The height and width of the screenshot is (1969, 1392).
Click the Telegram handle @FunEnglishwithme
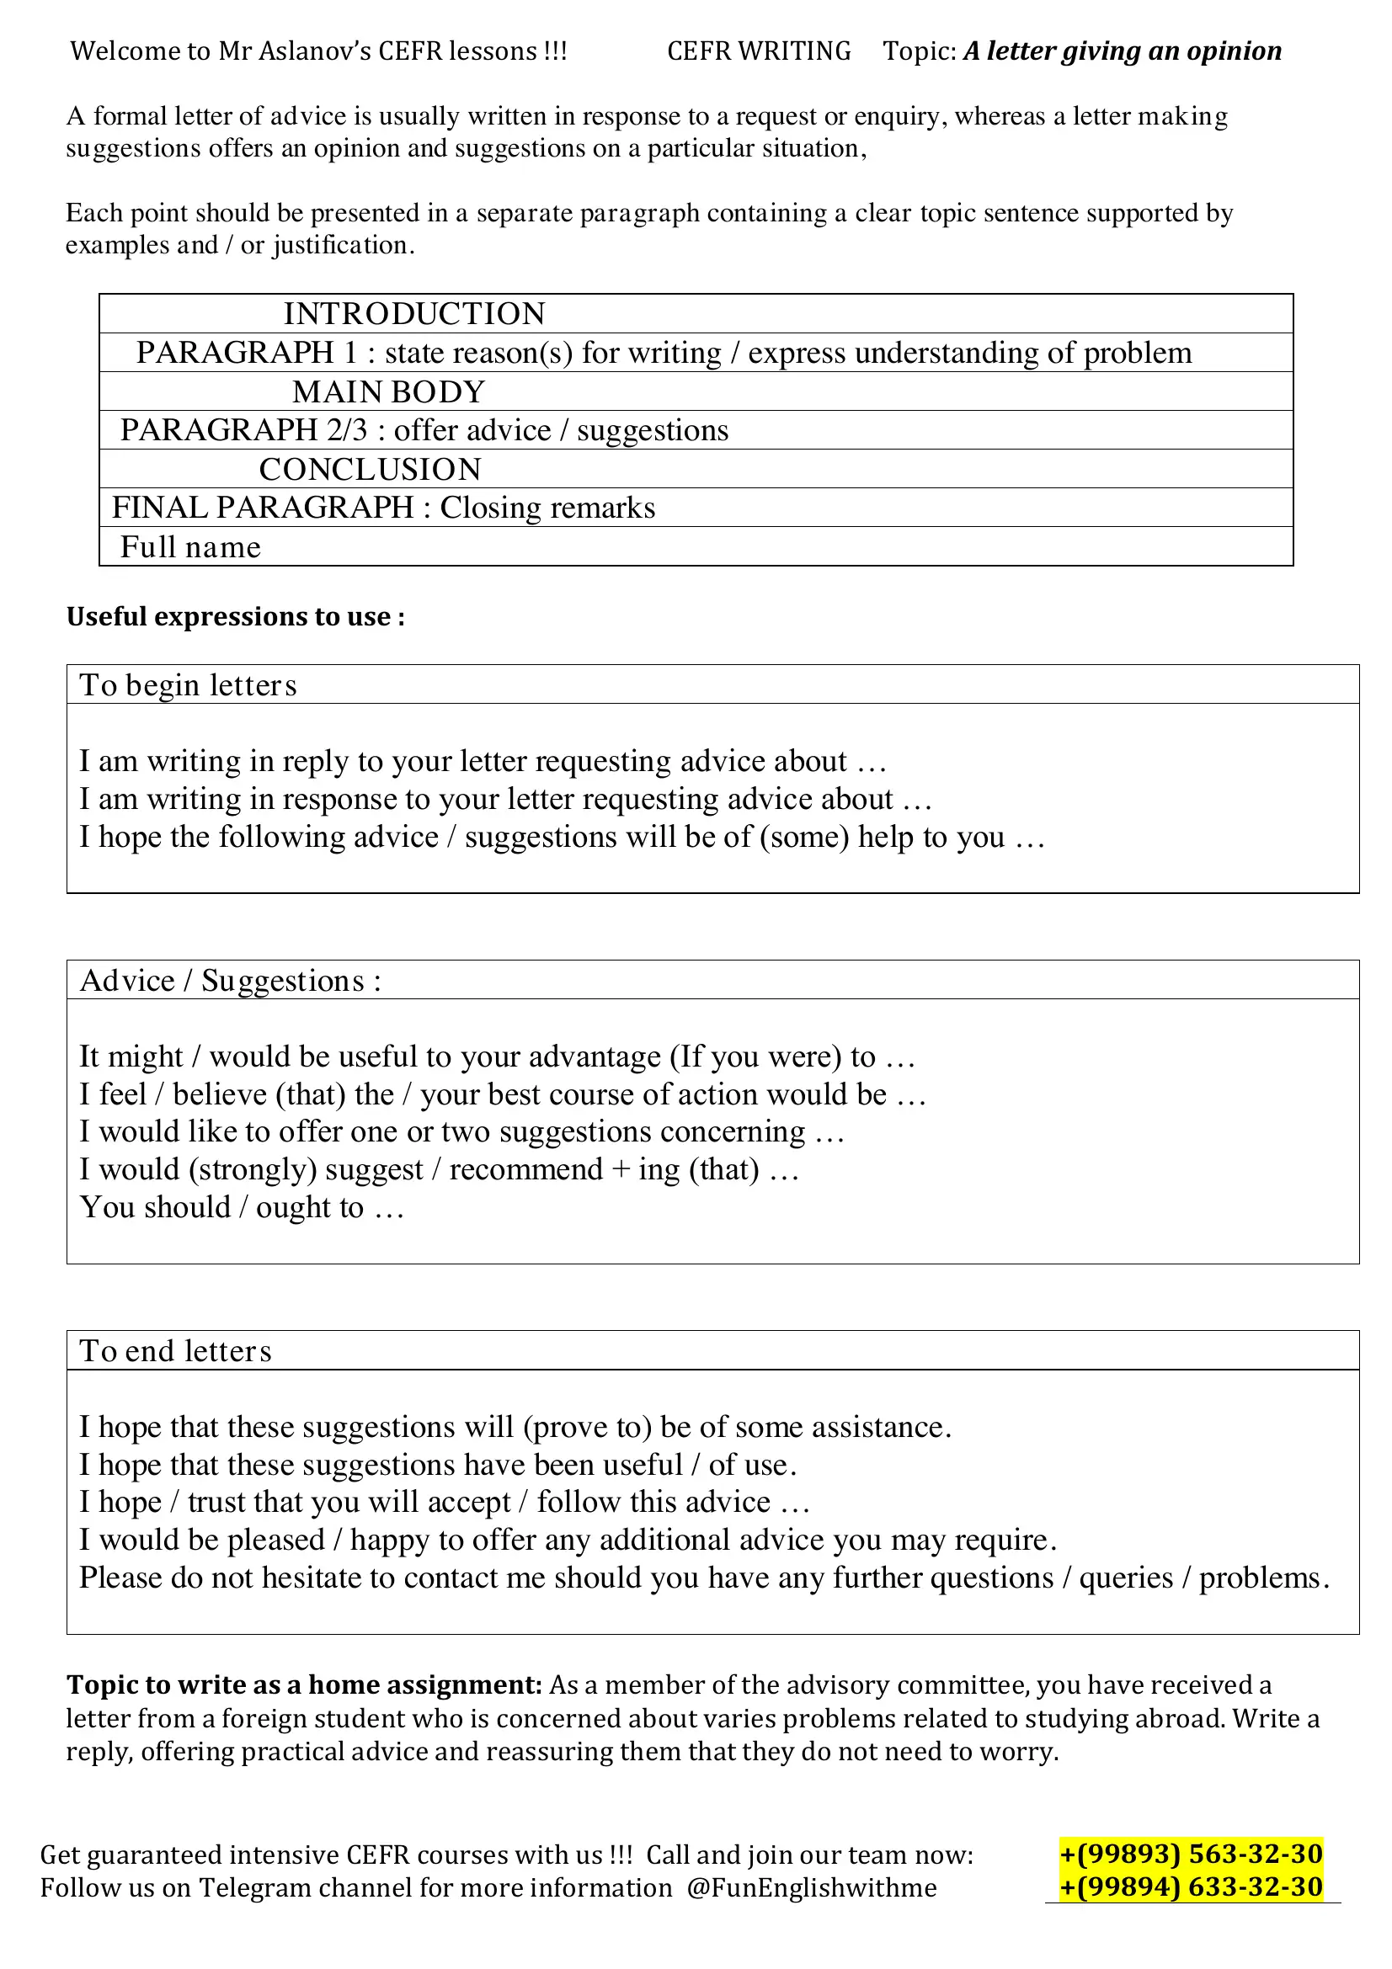coord(810,1887)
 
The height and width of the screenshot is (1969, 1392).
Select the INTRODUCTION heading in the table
coord(414,314)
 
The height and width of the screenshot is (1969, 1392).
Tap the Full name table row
coord(190,547)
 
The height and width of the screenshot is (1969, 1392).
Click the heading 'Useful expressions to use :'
coord(235,616)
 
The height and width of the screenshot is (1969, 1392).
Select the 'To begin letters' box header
coord(188,685)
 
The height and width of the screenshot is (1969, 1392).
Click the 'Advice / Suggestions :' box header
coord(230,980)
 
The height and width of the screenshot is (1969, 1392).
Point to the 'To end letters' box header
coord(175,1350)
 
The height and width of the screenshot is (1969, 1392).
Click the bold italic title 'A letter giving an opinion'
coord(1122,51)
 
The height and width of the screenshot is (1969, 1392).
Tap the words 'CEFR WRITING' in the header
coord(758,51)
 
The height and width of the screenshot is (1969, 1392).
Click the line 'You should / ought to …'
coord(241,1207)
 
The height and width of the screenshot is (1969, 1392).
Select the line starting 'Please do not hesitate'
coord(703,1578)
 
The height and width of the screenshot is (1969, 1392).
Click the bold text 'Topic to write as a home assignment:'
coord(304,1684)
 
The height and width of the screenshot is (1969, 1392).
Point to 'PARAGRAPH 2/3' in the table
coord(243,430)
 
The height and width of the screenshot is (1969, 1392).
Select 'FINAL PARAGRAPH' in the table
coord(263,508)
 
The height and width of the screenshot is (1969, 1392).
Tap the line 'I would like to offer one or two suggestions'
coord(461,1132)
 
